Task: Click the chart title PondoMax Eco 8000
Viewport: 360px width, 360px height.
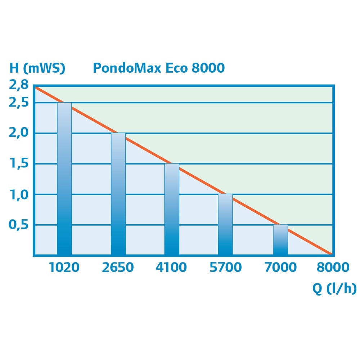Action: point(159,68)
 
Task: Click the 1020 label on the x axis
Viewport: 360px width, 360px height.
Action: point(64,267)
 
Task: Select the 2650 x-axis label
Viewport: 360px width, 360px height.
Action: point(118,267)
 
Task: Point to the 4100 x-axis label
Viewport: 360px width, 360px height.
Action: point(171,267)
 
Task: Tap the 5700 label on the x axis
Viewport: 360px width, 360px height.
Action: point(226,267)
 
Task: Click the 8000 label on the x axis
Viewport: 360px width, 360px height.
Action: point(333,267)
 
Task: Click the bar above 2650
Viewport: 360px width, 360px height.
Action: point(118,194)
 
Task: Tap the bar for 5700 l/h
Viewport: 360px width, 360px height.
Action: point(225,225)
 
